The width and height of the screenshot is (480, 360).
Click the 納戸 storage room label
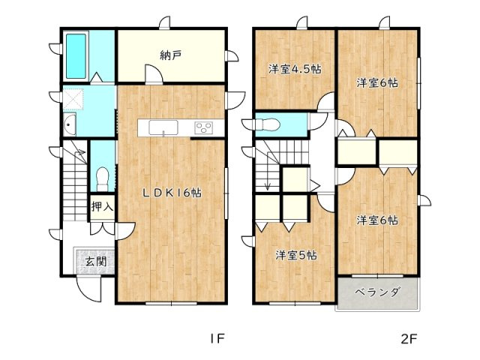[x=171, y=55]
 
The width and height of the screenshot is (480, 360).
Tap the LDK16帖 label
[x=172, y=192]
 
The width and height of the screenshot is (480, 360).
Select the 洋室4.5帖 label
[x=295, y=69]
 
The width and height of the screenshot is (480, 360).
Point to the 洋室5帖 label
[x=295, y=255]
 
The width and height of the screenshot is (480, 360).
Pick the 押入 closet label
[x=101, y=206]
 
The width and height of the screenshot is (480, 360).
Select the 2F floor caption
[x=409, y=337]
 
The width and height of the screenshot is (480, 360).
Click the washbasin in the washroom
[x=70, y=127]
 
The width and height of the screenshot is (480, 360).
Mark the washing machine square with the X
[x=75, y=99]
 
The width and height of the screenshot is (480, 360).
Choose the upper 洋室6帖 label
[x=376, y=82]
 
